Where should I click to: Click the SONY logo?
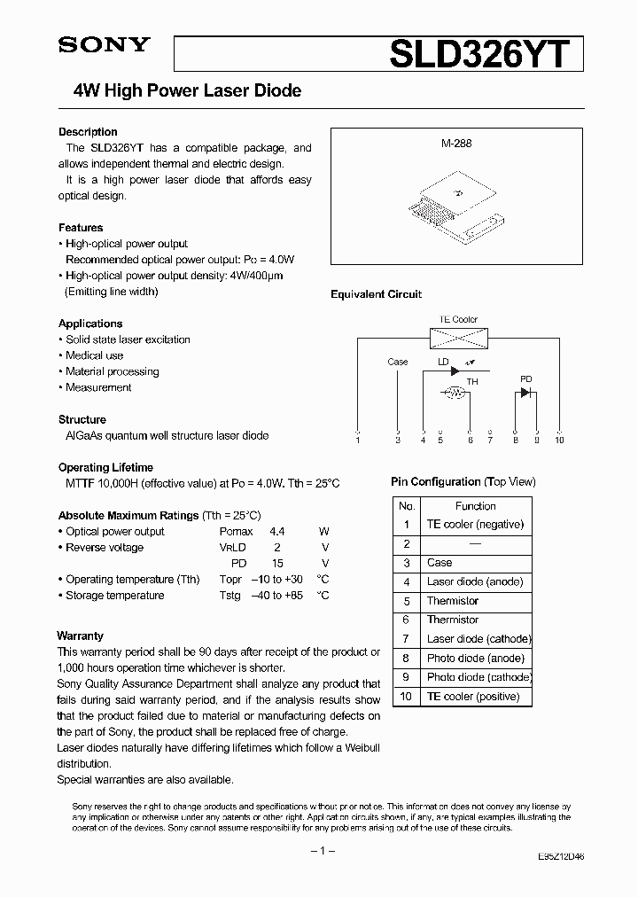pos(104,46)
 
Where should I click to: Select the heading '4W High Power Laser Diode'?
pos(186,90)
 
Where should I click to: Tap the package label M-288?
pos(457,143)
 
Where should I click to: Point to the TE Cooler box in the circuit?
pos(458,337)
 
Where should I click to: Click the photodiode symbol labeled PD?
pos(525,392)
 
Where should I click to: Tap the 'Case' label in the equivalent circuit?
pos(398,362)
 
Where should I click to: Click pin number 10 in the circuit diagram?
pos(558,440)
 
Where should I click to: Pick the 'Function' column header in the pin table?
pos(476,505)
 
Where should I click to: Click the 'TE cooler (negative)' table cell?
pos(475,525)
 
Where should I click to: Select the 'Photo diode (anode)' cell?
pos(475,659)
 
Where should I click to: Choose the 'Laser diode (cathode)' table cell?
pos(478,639)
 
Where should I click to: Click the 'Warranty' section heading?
pos(81,636)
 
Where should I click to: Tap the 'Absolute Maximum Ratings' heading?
pos(128,515)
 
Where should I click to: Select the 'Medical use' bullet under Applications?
pos(95,355)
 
